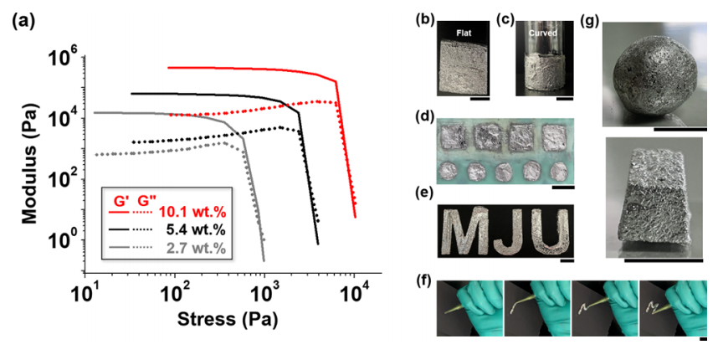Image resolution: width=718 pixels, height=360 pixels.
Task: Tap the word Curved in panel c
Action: tap(542, 33)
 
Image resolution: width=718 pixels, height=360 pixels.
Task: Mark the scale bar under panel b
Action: tap(480, 99)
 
